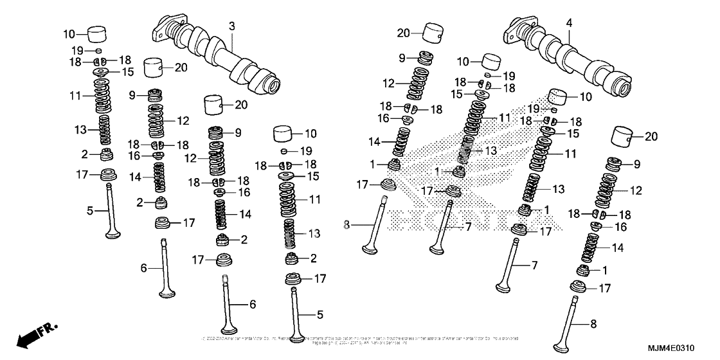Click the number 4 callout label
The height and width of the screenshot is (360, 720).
click(568, 22)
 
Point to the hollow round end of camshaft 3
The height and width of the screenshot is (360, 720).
click(272, 84)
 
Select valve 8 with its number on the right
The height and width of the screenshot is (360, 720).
click(577, 321)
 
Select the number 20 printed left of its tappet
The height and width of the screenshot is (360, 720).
click(403, 33)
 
